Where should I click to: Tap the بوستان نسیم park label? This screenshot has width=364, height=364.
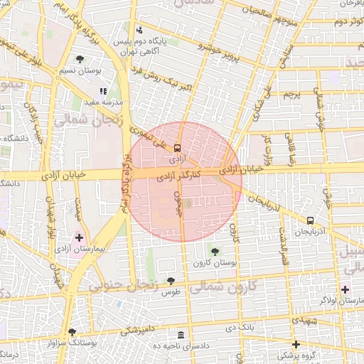click(76, 71)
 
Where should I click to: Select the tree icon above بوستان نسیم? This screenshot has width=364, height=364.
click(79, 60)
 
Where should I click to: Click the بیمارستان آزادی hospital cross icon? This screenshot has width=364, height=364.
click(79, 237)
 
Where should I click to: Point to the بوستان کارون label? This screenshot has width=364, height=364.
click(213, 263)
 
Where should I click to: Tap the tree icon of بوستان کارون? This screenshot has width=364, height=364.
click(215, 251)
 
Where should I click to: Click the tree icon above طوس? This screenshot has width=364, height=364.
click(171, 281)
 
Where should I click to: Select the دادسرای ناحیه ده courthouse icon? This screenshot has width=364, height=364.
click(181, 335)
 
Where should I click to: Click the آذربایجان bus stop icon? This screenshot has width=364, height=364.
click(311, 220)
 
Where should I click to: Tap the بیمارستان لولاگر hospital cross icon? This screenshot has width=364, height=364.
click(346, 289)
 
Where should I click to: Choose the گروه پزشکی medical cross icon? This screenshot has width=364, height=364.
click(296, 344)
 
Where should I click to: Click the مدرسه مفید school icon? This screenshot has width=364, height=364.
click(103, 91)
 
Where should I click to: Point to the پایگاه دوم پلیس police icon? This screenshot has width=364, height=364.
click(139, 30)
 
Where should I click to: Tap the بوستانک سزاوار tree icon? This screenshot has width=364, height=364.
click(72, 332)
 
